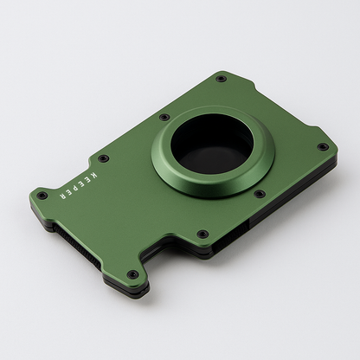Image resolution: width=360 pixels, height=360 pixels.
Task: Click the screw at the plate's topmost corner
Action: pyautogui.click(x=221, y=79)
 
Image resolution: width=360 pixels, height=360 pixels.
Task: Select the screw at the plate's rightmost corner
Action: pyautogui.click(x=322, y=146)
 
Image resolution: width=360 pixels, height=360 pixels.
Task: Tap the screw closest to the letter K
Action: pyautogui.click(x=104, y=158)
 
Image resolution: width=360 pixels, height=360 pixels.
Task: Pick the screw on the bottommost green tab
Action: pyautogui.click(x=132, y=275)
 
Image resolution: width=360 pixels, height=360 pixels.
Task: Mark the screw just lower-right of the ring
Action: pyautogui.click(x=259, y=194)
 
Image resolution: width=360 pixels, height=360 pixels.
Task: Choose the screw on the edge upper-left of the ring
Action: pyautogui.click(x=164, y=117)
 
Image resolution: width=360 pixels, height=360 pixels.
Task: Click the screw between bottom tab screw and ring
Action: pyautogui.click(x=202, y=234)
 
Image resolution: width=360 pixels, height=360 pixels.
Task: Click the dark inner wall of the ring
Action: pyautogui.click(x=195, y=138)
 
